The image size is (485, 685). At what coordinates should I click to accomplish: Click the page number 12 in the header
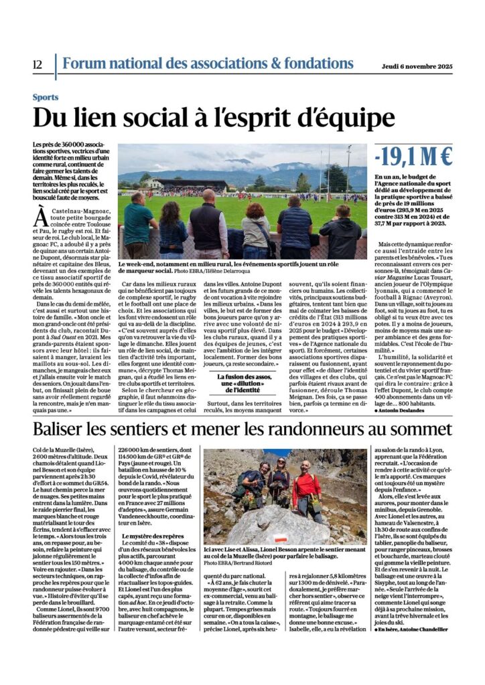(x=38, y=66)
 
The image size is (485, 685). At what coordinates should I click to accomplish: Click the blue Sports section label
(x=45, y=97)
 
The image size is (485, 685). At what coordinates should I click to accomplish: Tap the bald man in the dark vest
(x=205, y=224)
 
